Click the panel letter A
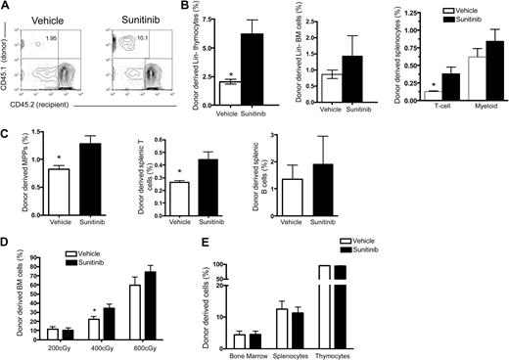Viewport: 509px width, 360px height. click(6, 7)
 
